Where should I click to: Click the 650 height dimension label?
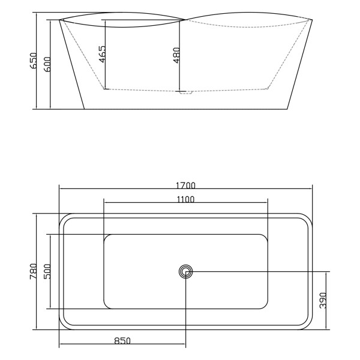coord(34,61)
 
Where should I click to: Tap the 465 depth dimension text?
coord(101,55)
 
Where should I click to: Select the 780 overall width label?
coord(34,272)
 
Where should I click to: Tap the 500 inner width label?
coord(47,272)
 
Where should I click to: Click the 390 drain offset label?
coord(323,301)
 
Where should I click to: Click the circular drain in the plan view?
coord(186,272)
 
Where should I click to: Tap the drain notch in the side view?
coord(185,92)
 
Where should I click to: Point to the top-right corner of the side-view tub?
coord(312,20)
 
